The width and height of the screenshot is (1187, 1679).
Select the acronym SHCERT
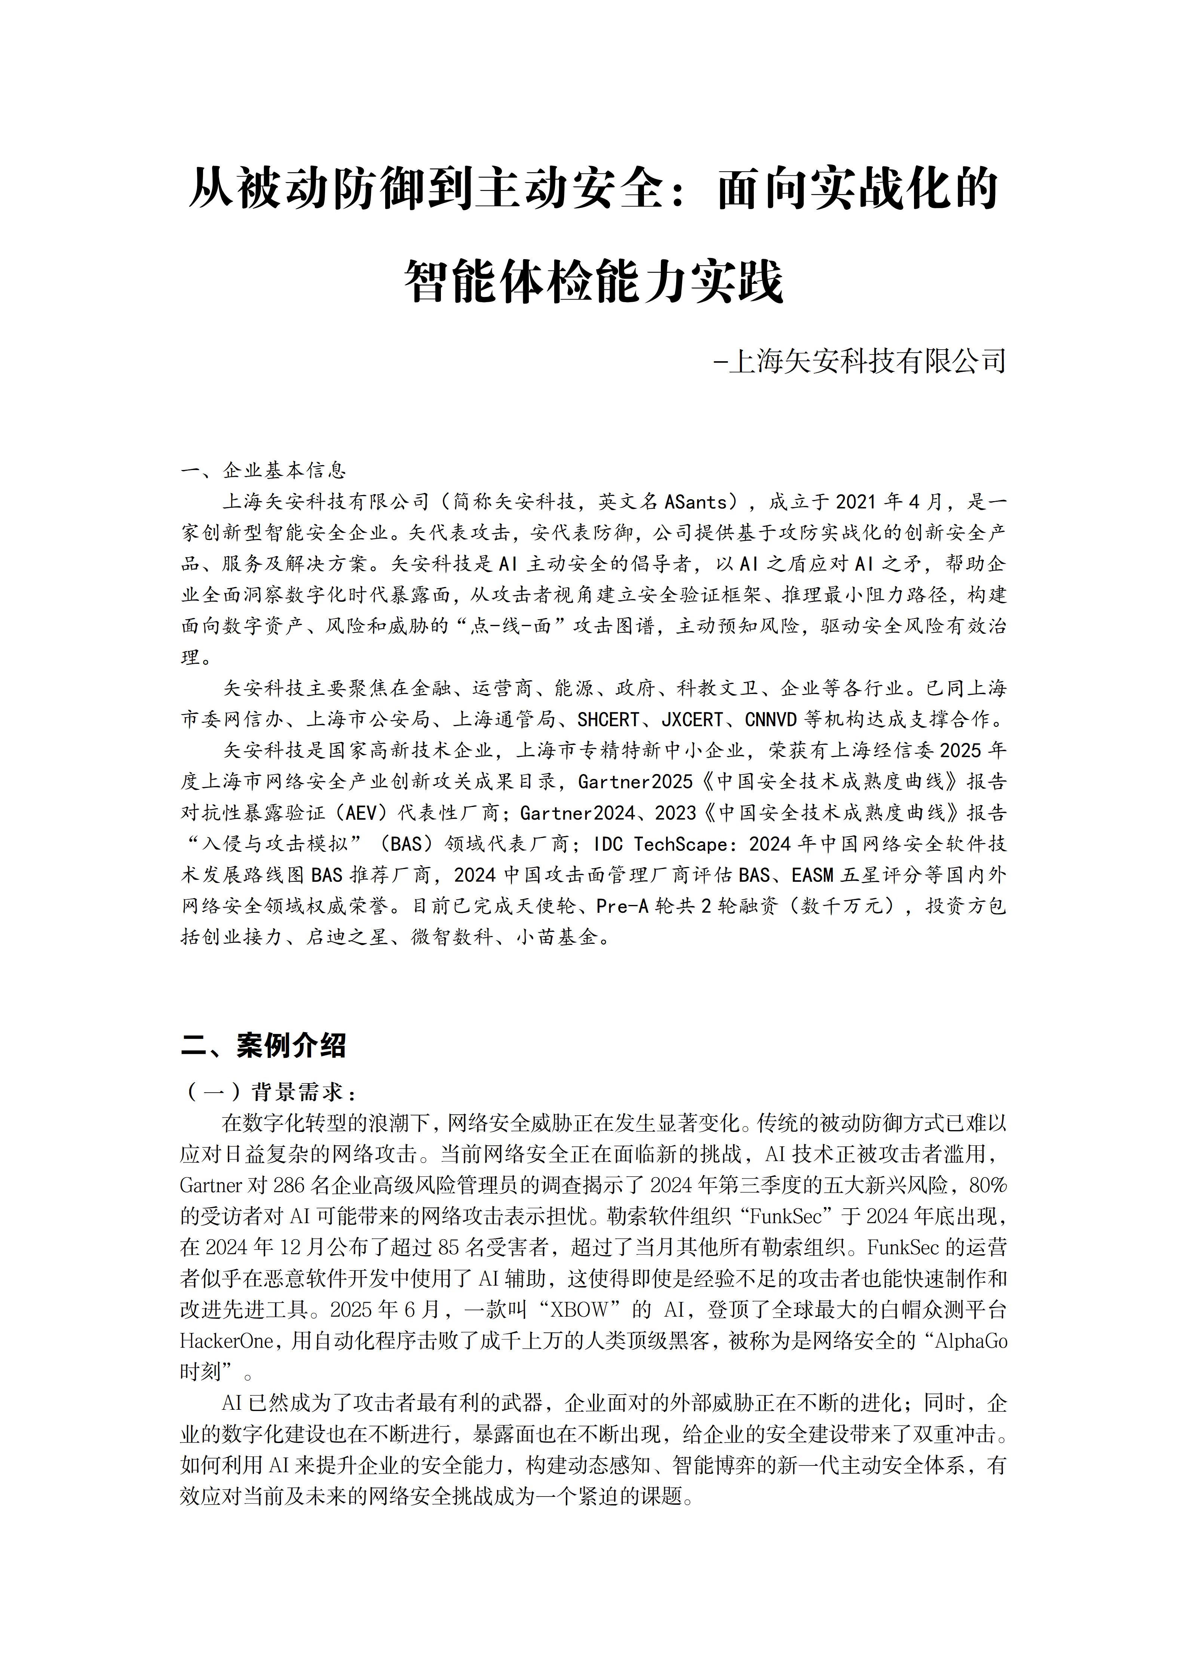tap(608, 719)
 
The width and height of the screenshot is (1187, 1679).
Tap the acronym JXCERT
tap(693, 719)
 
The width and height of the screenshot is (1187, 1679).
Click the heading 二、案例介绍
tap(263, 1045)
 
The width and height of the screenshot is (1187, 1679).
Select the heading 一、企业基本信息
tap(263, 469)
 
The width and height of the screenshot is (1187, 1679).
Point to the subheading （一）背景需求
tap(269, 1093)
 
